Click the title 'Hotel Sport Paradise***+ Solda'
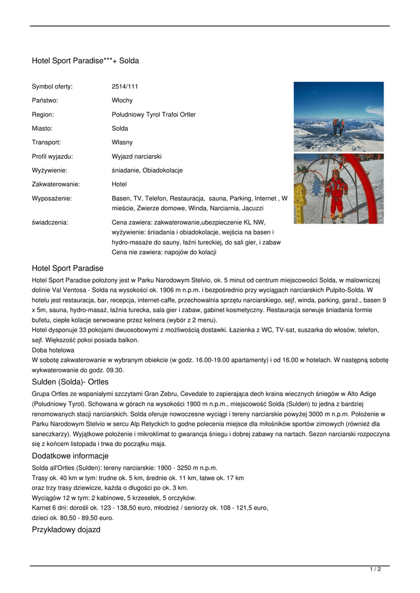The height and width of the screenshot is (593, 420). tap(85, 61)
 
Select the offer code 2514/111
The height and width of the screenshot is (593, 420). tap(125, 86)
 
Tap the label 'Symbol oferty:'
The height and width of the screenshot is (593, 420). tap(52, 86)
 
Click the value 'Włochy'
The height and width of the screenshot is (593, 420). tap(122, 100)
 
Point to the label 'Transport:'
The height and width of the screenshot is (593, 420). tap(46, 142)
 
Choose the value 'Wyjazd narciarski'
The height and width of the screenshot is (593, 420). tap(137, 156)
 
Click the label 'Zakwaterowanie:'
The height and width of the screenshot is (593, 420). tap(56, 184)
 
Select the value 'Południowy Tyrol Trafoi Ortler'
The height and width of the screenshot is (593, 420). tap(154, 114)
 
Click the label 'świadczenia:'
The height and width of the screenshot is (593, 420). tap(50, 222)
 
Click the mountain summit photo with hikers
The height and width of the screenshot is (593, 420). tap(338, 116)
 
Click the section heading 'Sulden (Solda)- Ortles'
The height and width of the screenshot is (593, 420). tap(70, 382)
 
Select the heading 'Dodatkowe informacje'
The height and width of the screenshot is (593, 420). tap(70, 456)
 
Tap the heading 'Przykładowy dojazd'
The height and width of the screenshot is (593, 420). tap(66, 530)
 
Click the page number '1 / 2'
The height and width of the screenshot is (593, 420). tap(375, 570)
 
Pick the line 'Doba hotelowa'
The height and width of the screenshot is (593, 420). tap(53, 350)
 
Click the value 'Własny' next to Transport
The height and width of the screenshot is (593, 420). tap(122, 142)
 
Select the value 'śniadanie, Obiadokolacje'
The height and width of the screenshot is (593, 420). tap(147, 170)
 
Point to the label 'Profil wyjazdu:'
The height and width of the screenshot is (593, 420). tap(52, 156)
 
